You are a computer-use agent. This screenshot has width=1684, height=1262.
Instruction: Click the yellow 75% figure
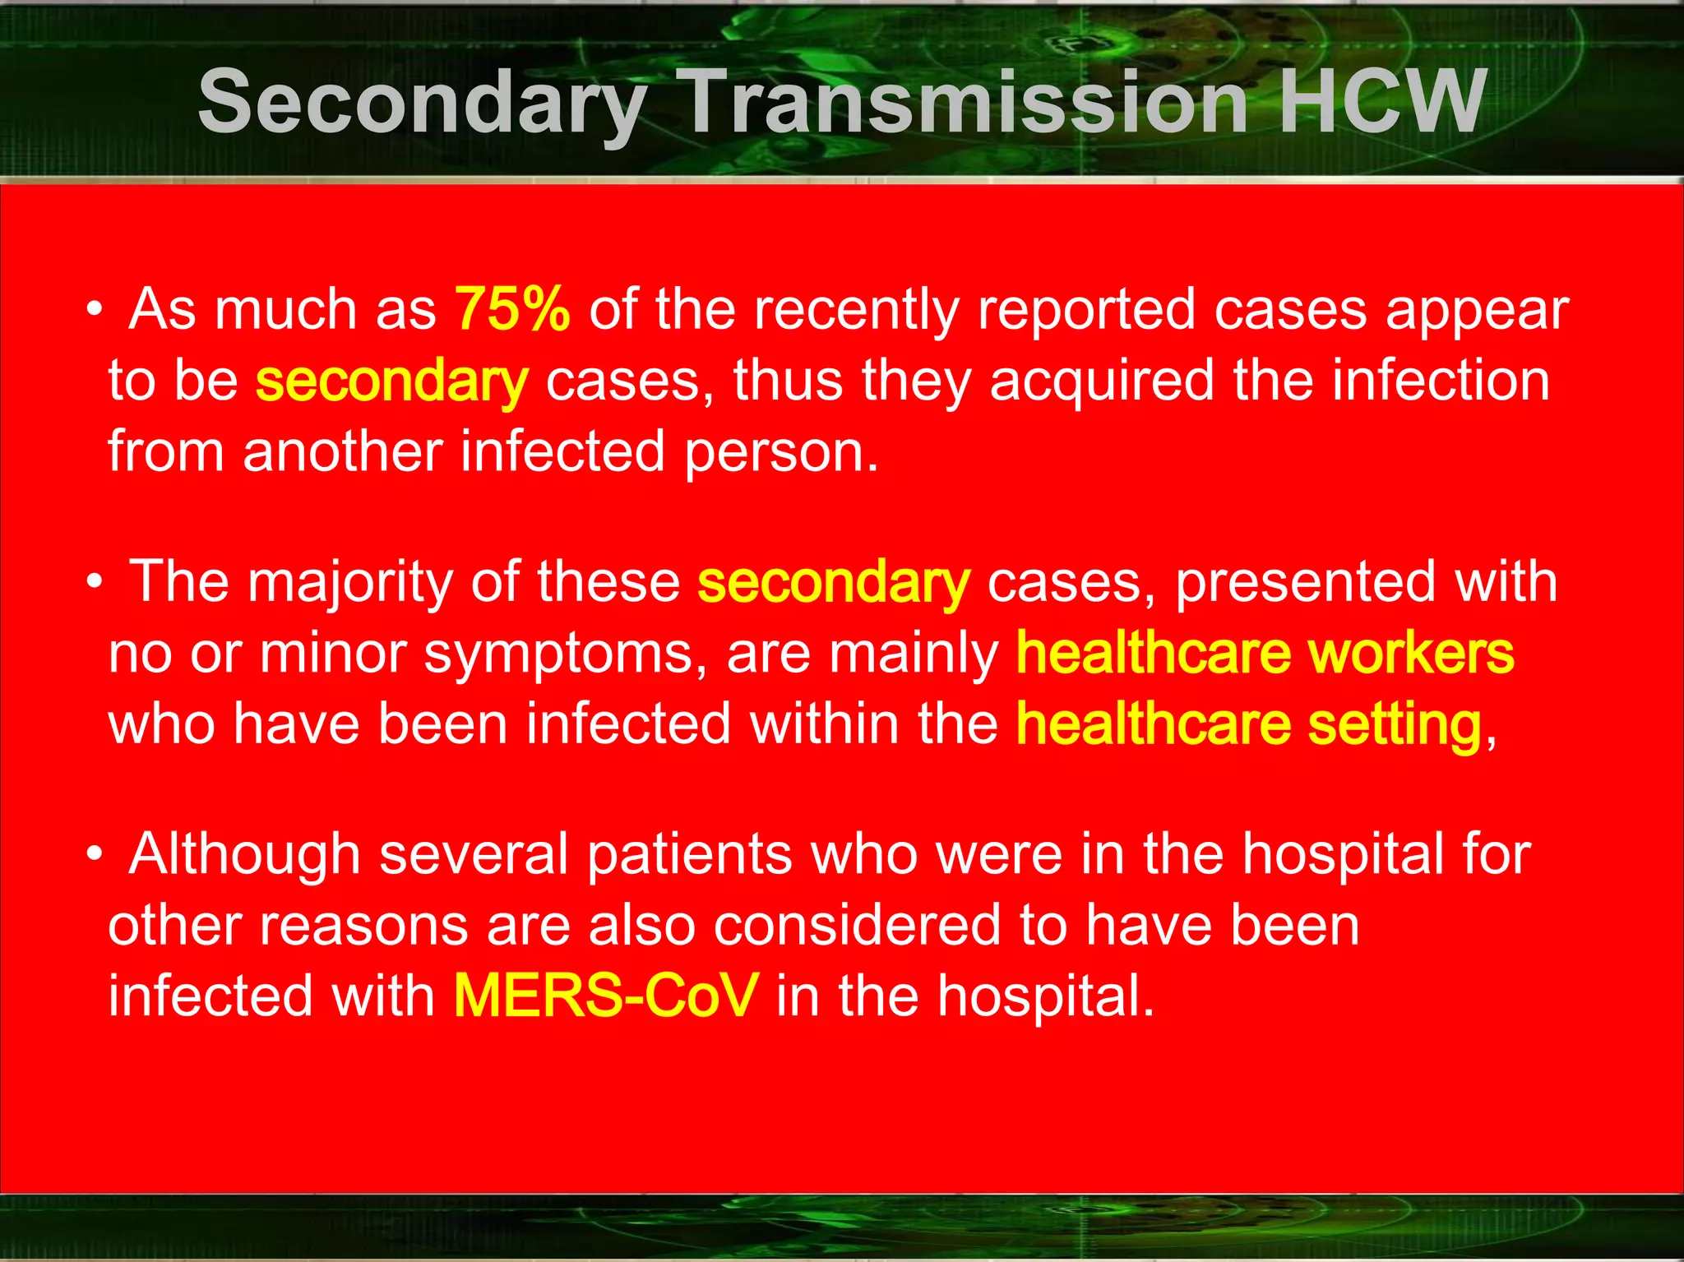pos(512,310)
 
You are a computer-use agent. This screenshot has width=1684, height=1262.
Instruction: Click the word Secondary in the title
pos(422,102)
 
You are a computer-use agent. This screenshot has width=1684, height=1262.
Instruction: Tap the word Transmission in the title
pos(967,102)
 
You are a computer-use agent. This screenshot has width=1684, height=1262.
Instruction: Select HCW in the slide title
pos(1381,102)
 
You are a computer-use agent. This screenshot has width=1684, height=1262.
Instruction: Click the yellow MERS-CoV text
pos(604,996)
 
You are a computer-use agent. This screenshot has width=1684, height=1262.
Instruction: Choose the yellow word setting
pos(1395,724)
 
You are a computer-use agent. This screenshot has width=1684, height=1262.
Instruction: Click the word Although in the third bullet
pos(244,855)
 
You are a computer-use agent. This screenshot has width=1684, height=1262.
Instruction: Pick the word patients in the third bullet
pos(689,855)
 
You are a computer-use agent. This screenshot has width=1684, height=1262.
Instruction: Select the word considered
pos(857,926)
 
